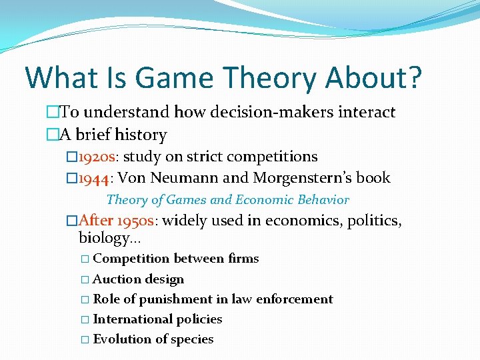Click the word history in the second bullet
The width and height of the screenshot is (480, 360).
pos(141,135)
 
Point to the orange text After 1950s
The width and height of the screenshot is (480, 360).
pos(119,221)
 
